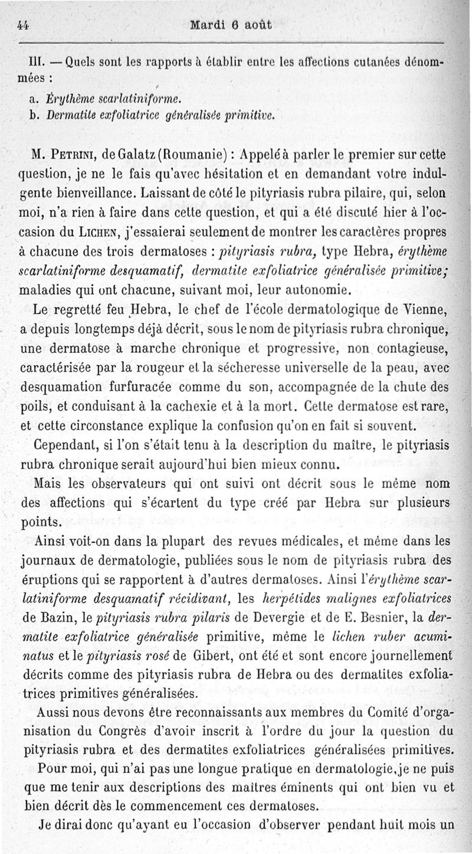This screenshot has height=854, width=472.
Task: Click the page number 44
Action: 24,25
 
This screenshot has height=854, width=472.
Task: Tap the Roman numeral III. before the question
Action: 36,61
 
